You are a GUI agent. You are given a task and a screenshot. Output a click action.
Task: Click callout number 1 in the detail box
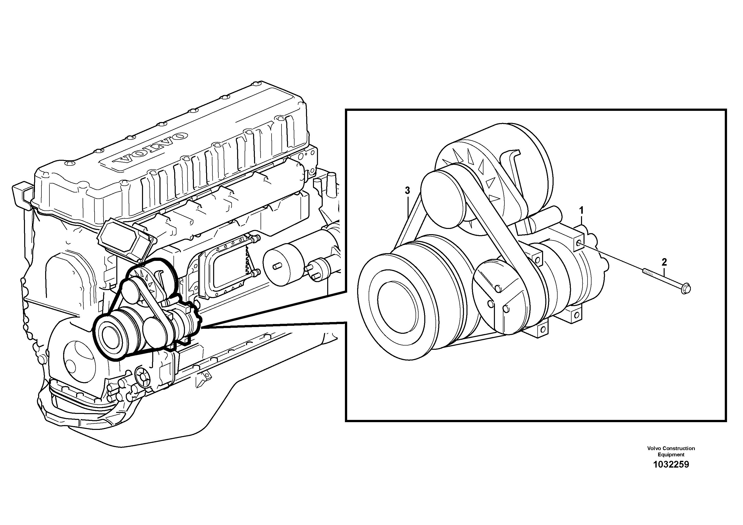pyautogui.click(x=581, y=211)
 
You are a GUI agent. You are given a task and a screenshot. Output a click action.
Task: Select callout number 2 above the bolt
pyautogui.click(x=664, y=262)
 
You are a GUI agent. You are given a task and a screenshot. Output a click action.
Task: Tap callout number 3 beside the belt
pyautogui.click(x=407, y=191)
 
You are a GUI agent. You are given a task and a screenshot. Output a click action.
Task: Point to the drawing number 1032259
pyautogui.click(x=671, y=465)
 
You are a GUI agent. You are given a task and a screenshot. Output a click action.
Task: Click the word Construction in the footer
pyautogui.click(x=679, y=448)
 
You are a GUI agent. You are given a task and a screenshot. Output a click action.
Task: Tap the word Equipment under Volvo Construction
pyautogui.click(x=671, y=454)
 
